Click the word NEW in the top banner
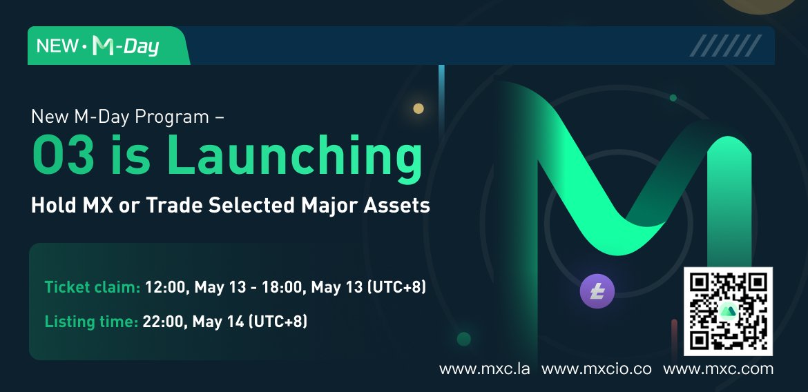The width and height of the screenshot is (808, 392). (57, 46)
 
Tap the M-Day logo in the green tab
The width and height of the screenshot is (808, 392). (126, 46)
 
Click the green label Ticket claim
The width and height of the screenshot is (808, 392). (93, 287)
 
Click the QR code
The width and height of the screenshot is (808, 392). (728, 311)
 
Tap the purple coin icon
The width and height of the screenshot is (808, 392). (597, 291)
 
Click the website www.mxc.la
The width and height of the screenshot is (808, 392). (484, 369)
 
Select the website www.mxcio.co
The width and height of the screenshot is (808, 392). (596, 369)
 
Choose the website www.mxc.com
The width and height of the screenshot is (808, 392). (718, 369)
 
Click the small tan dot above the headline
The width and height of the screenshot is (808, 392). (418, 108)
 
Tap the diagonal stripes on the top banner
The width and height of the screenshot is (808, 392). (725, 46)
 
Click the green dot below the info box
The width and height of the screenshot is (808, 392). (463, 339)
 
